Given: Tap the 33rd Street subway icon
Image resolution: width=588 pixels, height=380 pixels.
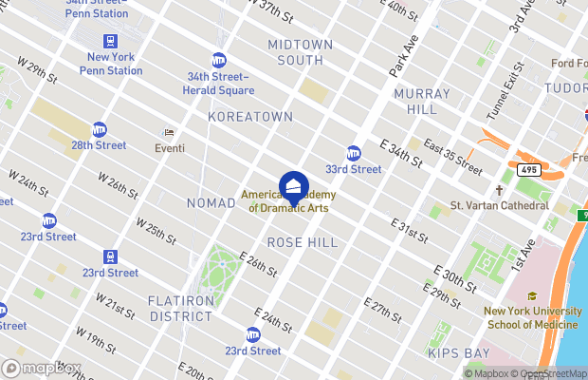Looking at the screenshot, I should [354, 153].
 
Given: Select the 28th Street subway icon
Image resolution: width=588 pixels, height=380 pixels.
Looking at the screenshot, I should [100, 129].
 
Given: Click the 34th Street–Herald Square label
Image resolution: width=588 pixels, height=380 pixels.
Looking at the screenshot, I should [219, 84].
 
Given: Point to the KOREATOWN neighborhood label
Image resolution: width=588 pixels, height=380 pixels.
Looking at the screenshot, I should [250, 116].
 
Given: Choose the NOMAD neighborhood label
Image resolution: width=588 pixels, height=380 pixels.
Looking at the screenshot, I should [211, 203].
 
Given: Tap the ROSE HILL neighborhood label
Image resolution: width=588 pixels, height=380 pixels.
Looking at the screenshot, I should [302, 242].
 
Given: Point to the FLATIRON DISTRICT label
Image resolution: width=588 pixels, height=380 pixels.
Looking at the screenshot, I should [179, 308].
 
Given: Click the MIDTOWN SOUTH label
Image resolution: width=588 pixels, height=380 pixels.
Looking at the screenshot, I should [301, 52].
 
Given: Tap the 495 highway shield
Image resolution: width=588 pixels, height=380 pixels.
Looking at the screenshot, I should [529, 169].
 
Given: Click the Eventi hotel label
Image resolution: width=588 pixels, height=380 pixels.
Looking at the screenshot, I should [170, 147].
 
